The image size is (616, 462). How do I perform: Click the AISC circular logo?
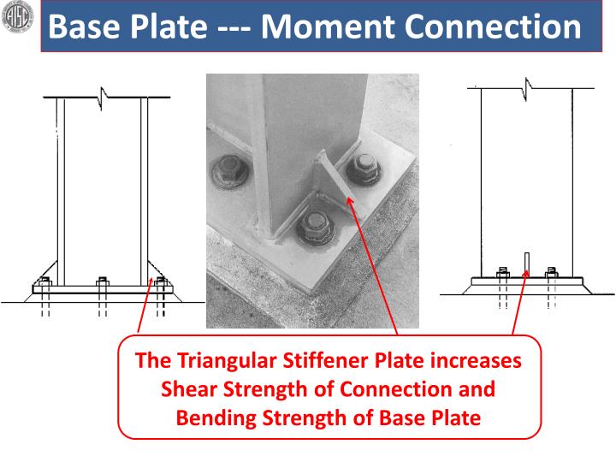19,18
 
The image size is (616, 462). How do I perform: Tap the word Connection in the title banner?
492,27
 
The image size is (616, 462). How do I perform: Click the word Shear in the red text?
191,389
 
